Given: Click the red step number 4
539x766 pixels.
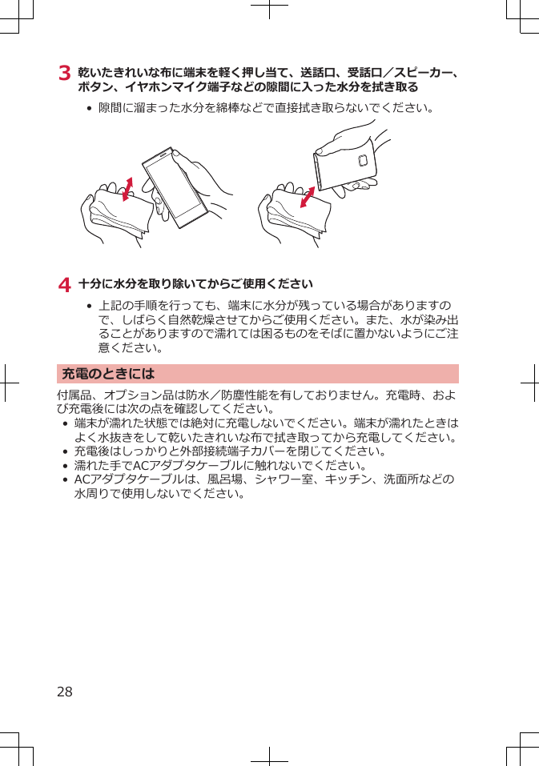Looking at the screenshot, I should (64, 284).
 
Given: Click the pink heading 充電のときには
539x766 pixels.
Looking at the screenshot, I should (108, 374).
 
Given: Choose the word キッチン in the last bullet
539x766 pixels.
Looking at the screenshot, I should (342, 479).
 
